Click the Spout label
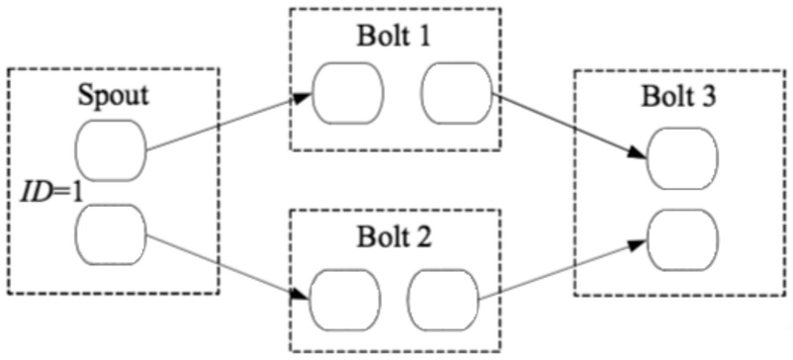click(x=114, y=96)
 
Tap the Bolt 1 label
click(x=394, y=37)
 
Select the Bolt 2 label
click(x=394, y=236)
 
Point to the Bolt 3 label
click(x=678, y=97)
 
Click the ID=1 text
click(x=51, y=193)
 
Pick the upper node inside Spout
click(x=111, y=150)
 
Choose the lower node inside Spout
click(x=111, y=234)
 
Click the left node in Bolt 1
click(x=348, y=94)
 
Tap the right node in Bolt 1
click(x=457, y=94)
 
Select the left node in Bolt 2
click(x=345, y=300)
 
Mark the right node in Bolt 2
click(x=443, y=300)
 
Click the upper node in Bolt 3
click(x=682, y=158)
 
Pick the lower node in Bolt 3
click(x=682, y=240)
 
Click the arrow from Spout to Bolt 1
click(x=229, y=122)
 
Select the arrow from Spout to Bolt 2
click(x=227, y=267)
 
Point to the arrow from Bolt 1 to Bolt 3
click(x=570, y=126)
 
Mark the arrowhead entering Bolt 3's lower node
click(x=639, y=245)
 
